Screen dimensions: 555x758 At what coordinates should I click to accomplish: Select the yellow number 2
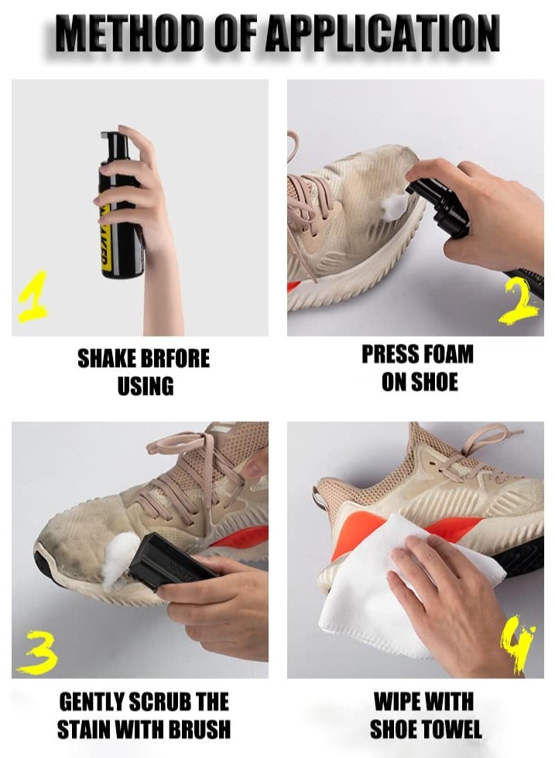(x=519, y=303)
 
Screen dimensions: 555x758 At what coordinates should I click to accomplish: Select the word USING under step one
(x=146, y=386)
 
